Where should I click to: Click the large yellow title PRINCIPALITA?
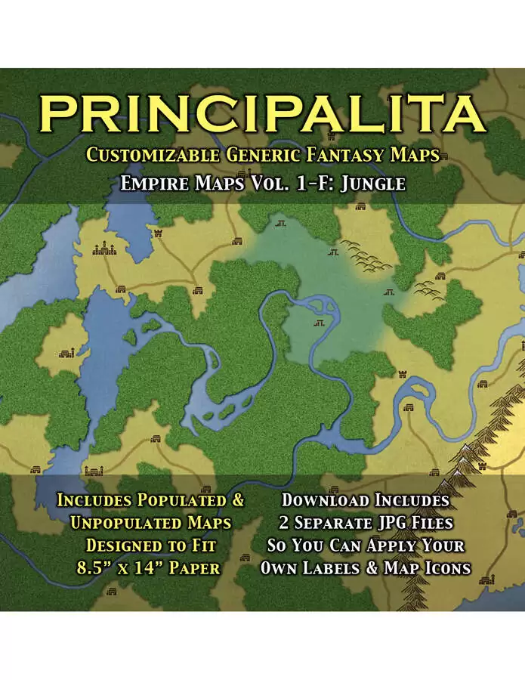[x=262, y=113]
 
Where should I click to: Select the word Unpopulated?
[x=122, y=523]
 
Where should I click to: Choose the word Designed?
[x=118, y=545]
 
